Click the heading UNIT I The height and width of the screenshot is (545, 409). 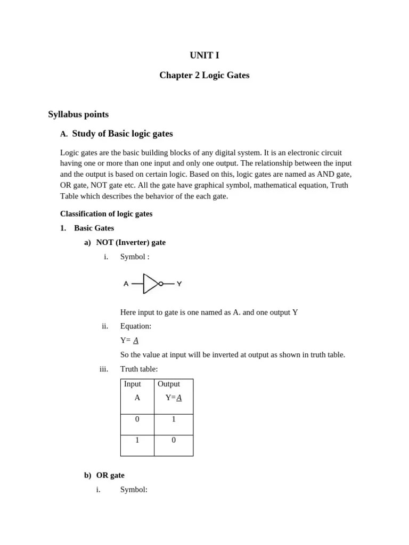pyautogui.click(x=204, y=55)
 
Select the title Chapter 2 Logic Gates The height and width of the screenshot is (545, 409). pyautogui.click(x=204, y=76)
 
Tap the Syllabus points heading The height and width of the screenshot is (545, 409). pyautogui.click(x=78, y=114)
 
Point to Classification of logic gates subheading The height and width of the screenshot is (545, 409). pyautogui.click(x=106, y=214)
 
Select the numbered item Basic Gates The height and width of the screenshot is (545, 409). pyautogui.click(x=94, y=228)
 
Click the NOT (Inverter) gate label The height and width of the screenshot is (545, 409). pyautogui.click(x=130, y=243)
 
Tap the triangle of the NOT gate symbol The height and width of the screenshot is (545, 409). pyautogui.click(x=150, y=284)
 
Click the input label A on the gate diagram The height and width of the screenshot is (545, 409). pyautogui.click(x=126, y=284)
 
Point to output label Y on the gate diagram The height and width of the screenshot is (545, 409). pyautogui.click(x=179, y=284)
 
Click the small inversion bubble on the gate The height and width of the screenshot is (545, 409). pyautogui.click(x=161, y=284)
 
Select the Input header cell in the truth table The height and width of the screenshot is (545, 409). pyautogui.click(x=133, y=384)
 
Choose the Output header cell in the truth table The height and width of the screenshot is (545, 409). pyautogui.click(x=169, y=384)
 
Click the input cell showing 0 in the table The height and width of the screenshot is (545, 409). pyautogui.click(x=137, y=419)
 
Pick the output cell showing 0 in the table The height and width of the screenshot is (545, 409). pyautogui.click(x=174, y=441)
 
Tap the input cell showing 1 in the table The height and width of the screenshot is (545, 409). pyautogui.click(x=137, y=441)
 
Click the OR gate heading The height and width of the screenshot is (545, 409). pyautogui.click(x=110, y=475)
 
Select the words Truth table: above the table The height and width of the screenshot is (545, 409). pyautogui.click(x=139, y=369)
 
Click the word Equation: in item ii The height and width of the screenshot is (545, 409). pyautogui.click(x=136, y=326)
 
